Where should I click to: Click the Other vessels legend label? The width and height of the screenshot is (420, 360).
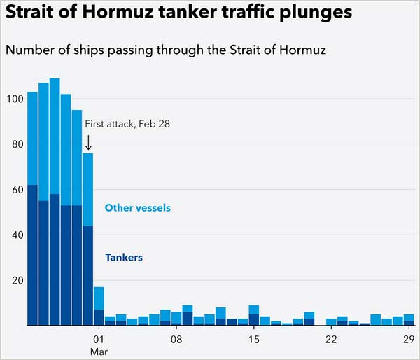[x=137, y=208]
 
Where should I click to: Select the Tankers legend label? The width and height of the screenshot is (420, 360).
[x=123, y=258]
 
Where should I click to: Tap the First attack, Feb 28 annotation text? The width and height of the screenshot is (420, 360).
[x=127, y=124]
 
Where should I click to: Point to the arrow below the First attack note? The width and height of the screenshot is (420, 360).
[x=88, y=141]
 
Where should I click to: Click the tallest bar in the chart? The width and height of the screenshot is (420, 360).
[x=55, y=203]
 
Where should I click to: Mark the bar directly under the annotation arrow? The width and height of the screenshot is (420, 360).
[x=88, y=238]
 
